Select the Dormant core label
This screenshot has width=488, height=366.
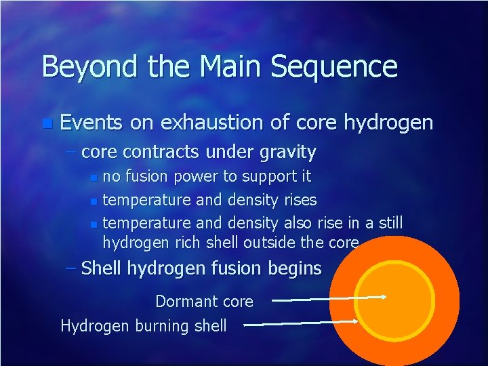pos(204,301)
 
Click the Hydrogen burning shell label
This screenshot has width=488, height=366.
pos(144,326)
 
